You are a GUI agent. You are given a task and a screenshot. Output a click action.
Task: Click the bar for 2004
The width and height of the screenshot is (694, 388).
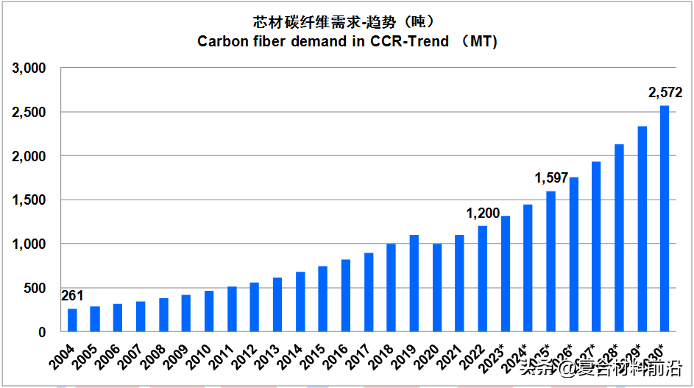(72, 320)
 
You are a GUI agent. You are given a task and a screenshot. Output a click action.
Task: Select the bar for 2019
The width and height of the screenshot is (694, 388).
(414, 283)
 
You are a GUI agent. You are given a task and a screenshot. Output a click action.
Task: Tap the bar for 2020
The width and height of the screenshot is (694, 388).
(437, 288)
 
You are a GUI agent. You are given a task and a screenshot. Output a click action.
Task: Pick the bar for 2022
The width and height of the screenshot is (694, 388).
(483, 279)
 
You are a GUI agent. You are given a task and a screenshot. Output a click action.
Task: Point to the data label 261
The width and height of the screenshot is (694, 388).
(72, 297)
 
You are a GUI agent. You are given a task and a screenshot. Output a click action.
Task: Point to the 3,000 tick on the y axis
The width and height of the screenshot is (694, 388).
(29, 68)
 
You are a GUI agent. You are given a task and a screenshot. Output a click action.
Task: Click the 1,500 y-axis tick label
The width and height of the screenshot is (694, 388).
(29, 200)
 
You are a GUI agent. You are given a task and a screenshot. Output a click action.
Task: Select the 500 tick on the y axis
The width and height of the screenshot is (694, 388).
(36, 288)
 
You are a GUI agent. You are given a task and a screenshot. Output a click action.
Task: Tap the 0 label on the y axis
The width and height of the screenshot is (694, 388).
(43, 332)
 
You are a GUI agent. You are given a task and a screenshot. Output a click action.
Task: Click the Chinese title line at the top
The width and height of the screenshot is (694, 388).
(347, 20)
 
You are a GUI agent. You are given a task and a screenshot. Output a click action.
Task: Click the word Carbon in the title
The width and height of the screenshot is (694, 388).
(221, 41)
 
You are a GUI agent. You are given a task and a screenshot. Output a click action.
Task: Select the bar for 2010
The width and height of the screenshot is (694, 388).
(209, 311)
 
